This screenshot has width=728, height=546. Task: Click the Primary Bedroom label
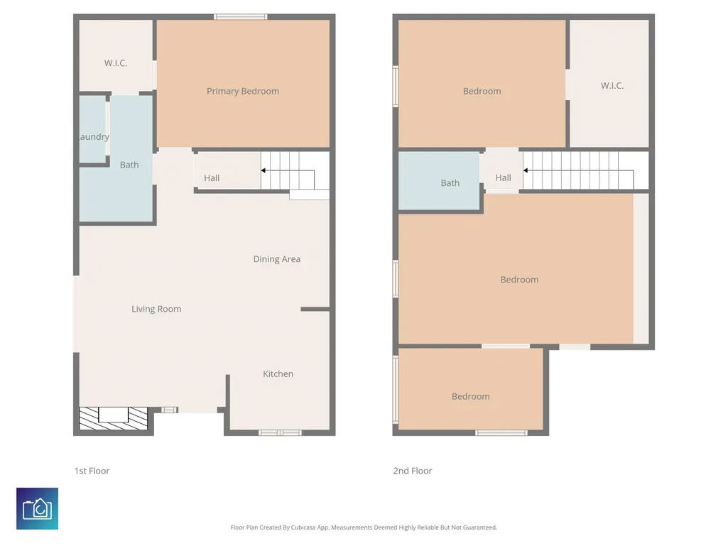coord(243,91)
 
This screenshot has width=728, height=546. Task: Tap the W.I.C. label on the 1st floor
coord(116,62)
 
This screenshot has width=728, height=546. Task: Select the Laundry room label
coord(94,136)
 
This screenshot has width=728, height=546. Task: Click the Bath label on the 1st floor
coord(129,164)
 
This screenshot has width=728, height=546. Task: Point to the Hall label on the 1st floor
coord(212,178)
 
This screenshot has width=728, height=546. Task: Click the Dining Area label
coord(277,259)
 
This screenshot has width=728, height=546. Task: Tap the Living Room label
coord(156,309)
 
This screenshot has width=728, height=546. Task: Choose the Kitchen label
coord(278,373)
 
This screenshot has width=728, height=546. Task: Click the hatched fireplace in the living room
coord(114,418)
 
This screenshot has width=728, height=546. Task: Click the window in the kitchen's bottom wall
coord(280,432)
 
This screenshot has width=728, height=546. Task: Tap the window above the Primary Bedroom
coord(241,17)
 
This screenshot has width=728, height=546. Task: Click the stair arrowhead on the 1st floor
coord(264,170)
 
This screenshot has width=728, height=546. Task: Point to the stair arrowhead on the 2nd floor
coord(526,170)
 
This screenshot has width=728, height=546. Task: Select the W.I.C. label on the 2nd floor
coord(612,85)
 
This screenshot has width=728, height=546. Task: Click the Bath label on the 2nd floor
coord(450,183)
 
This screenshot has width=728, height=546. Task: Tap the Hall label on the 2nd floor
coord(504,178)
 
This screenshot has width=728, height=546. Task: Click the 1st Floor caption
coord(92,471)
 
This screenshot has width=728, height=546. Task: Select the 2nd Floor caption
coord(413,471)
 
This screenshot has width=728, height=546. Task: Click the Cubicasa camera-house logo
coord(37,508)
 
